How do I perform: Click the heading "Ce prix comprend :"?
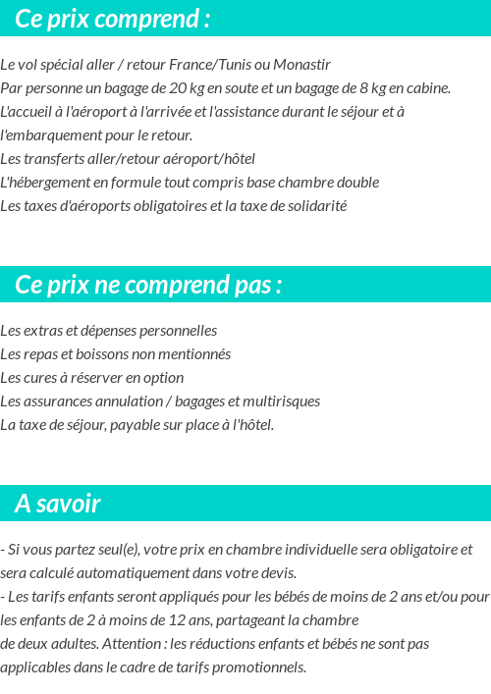pos(113,19)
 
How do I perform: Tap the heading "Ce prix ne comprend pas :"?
pos(148,285)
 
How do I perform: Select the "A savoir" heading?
pos(58,504)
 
